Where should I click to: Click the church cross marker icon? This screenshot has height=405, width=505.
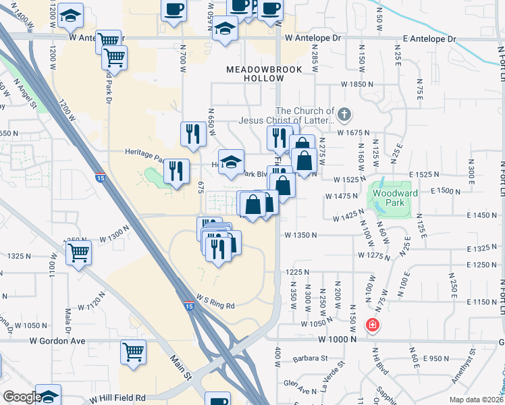point(344,113)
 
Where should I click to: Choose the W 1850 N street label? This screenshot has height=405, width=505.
point(357,84)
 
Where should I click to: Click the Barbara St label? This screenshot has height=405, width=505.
point(311,358)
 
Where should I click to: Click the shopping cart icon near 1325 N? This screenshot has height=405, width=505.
point(79,252)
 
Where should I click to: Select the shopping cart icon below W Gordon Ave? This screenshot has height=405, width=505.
point(133,351)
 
